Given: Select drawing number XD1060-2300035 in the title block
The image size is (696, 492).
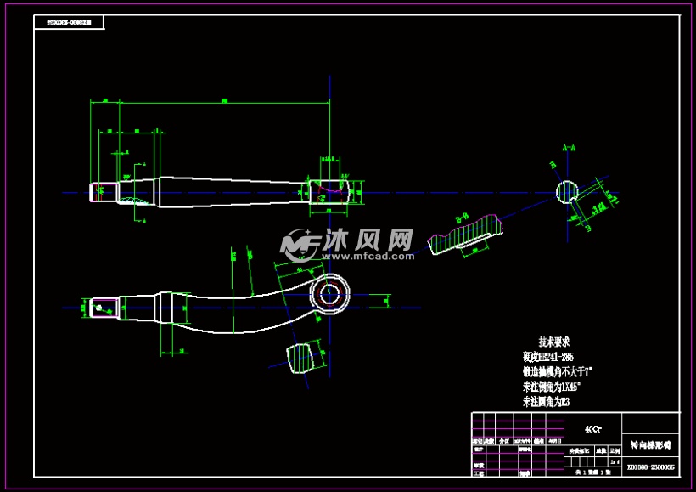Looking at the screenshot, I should click(650, 467).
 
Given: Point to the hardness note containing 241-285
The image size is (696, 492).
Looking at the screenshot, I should click(547, 357).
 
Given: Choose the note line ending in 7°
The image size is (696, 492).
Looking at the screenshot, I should click(557, 371).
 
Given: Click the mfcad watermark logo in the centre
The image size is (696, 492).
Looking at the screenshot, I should click(348, 245).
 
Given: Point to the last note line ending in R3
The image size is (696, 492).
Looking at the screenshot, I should click(544, 401).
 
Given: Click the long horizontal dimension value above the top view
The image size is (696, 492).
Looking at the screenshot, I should click(224, 101).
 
